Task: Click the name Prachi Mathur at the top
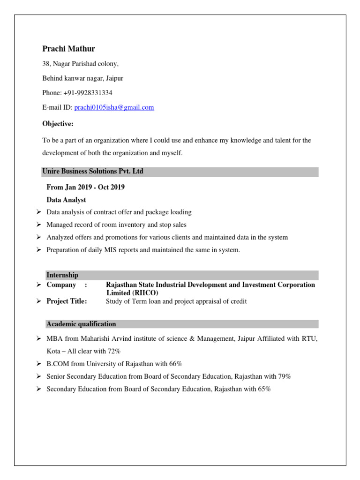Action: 68,49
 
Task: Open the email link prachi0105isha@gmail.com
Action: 114,107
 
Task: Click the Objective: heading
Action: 58,124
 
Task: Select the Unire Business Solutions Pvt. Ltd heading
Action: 93,172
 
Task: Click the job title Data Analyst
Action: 66,200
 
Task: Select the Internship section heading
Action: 62,275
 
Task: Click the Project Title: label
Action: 67,301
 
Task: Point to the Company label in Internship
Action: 61,285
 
